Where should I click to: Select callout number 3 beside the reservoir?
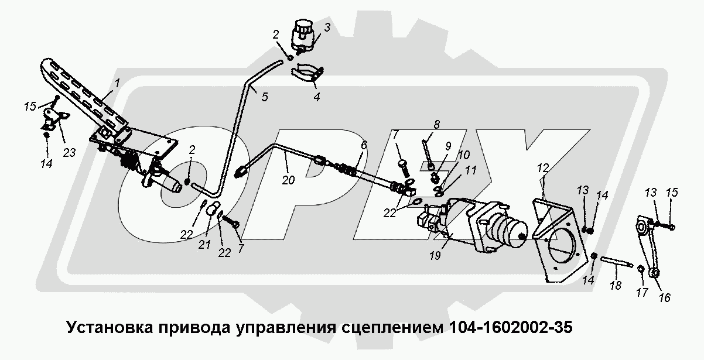[x=327, y=27]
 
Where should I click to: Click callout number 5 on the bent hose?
[x=264, y=97]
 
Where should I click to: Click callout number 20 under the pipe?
[x=287, y=180]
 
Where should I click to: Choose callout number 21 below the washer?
[x=204, y=245]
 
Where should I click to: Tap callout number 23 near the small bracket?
[x=69, y=154]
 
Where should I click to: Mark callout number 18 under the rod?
[x=614, y=286]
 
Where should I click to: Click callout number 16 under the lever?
[x=664, y=298]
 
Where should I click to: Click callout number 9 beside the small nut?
[x=448, y=146]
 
